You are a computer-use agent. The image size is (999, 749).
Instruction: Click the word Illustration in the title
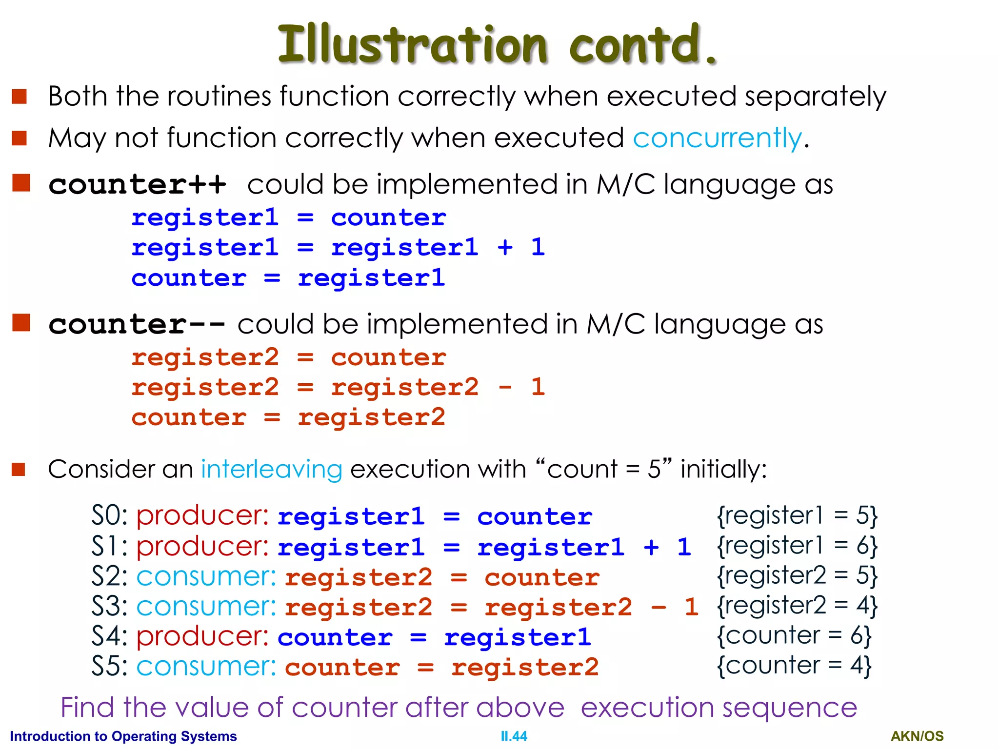[x=412, y=45]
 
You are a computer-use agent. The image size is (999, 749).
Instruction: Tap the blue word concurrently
[x=717, y=138]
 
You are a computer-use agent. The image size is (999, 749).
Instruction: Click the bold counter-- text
[x=137, y=325]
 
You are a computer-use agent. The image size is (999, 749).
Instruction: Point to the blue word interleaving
[x=272, y=470]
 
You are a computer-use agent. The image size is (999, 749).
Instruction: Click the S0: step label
[x=109, y=516]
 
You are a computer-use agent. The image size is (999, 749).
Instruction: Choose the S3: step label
[x=109, y=607]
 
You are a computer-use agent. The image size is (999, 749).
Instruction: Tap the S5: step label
[x=109, y=667]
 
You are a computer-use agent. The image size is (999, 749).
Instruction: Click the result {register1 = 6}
[x=797, y=546]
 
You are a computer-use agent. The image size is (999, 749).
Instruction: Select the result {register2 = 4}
[x=797, y=606]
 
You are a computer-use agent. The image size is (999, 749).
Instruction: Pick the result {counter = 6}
[x=794, y=636]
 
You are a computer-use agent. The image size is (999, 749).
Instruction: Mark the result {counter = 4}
[x=794, y=666]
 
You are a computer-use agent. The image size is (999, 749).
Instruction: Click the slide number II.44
[x=514, y=736]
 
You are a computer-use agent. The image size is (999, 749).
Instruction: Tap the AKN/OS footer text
[x=917, y=736]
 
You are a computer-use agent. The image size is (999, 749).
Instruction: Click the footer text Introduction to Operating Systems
[x=123, y=736]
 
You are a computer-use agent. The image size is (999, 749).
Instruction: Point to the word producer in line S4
[x=202, y=637]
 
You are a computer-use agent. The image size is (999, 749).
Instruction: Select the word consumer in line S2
[x=206, y=577]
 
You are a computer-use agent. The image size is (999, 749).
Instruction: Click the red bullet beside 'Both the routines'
[x=19, y=97]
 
